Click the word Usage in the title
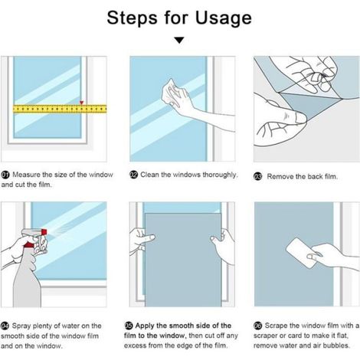coord(224,18)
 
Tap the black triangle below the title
coord(179,41)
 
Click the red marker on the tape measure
coord(81,103)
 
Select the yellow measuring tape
coord(60,109)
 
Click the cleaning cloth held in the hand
coord(171,92)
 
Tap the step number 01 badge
coord(5,175)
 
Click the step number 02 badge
coord(133,175)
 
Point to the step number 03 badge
coord(258,177)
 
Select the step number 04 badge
coord(5,326)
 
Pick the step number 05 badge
coord(129,326)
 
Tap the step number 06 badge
coord(258,326)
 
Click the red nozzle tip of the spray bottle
coord(44,232)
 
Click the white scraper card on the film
coord(300,253)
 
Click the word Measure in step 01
coord(26,175)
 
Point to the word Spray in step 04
coord(21,326)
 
